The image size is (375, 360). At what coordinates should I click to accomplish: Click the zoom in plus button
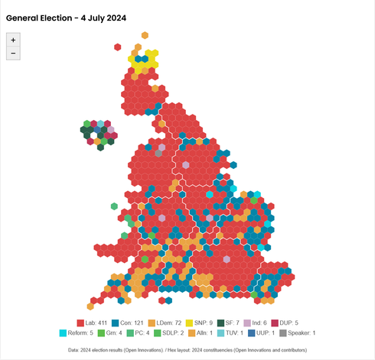(x=12, y=39)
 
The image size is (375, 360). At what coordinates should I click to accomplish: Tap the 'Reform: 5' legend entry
(x=79, y=333)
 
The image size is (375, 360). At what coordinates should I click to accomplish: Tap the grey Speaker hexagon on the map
(x=158, y=153)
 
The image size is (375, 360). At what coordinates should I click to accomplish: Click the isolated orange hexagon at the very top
(x=145, y=35)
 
